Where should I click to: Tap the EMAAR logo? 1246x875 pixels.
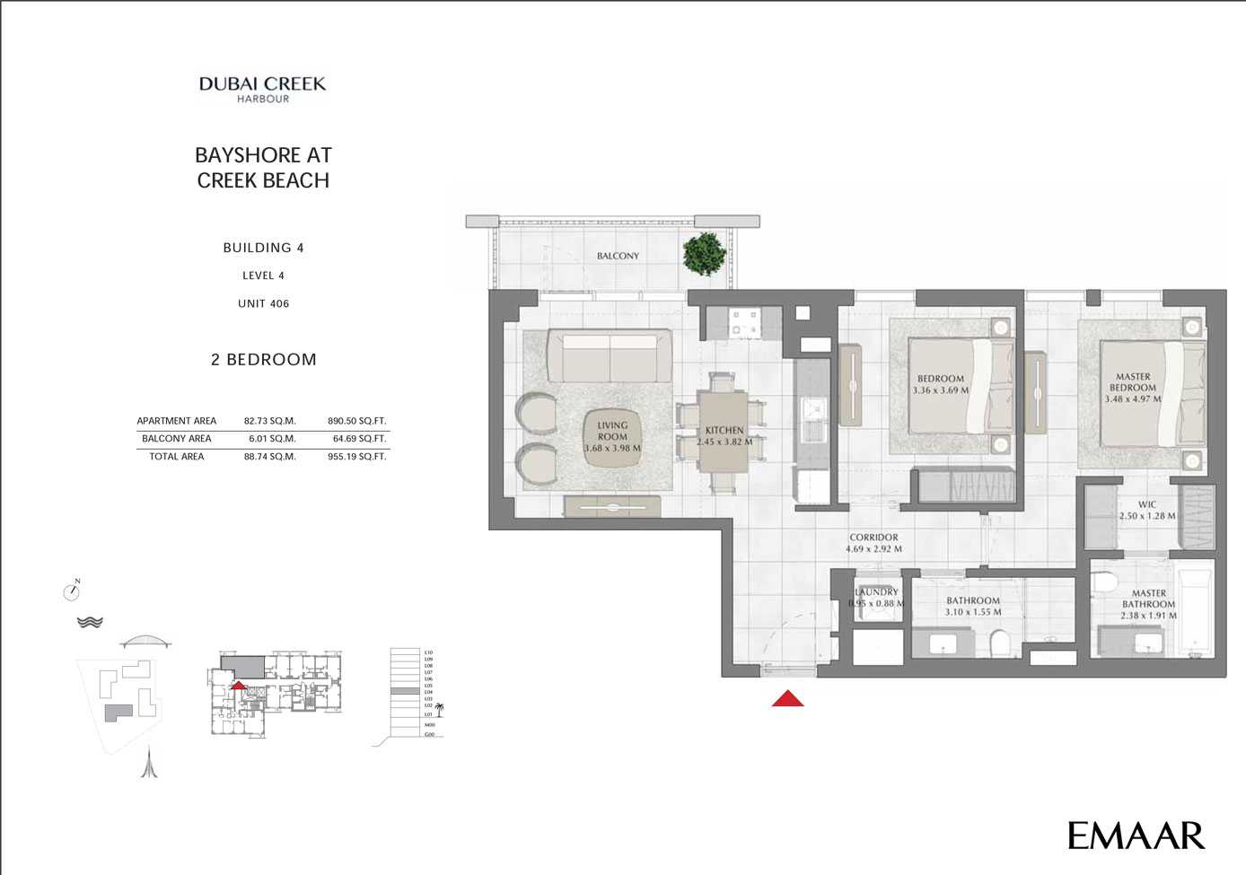click(1136, 836)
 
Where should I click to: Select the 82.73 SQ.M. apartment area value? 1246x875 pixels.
click(269, 421)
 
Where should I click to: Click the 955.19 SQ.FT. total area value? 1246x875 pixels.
click(356, 457)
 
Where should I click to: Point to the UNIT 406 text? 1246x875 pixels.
click(263, 303)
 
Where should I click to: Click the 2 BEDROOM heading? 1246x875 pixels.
click(263, 360)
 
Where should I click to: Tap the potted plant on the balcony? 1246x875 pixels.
click(704, 254)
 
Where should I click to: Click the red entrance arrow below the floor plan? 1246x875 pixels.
click(787, 698)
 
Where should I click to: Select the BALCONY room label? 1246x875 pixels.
click(618, 256)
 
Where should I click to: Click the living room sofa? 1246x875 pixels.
click(610, 356)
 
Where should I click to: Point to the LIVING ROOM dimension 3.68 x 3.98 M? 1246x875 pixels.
click(612, 448)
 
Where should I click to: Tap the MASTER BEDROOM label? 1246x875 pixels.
click(1133, 382)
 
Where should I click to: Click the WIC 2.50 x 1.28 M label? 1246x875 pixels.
click(1146, 511)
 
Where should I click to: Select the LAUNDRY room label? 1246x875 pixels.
click(876, 592)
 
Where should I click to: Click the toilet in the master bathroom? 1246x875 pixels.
click(1105, 582)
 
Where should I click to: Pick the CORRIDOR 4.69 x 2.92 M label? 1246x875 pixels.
click(873, 543)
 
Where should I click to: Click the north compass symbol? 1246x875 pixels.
click(72, 591)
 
